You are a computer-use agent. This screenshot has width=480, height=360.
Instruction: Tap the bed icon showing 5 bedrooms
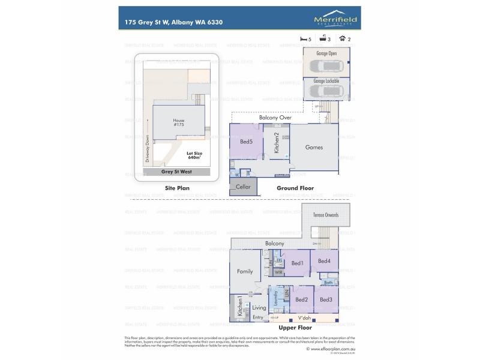pyautogui.click(x=303, y=38)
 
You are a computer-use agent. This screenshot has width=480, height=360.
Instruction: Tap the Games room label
pyautogui.click(x=314, y=147)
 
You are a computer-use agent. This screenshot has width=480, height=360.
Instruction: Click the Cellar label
pyautogui.click(x=243, y=187)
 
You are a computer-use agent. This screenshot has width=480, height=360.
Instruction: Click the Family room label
pyautogui.click(x=244, y=271)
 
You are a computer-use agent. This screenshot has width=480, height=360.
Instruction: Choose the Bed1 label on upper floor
pyautogui.click(x=297, y=263)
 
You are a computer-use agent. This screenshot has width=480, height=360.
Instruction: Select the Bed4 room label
pyautogui.click(x=324, y=260)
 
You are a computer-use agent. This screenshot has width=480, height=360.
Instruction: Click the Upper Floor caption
pyautogui.click(x=295, y=329)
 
